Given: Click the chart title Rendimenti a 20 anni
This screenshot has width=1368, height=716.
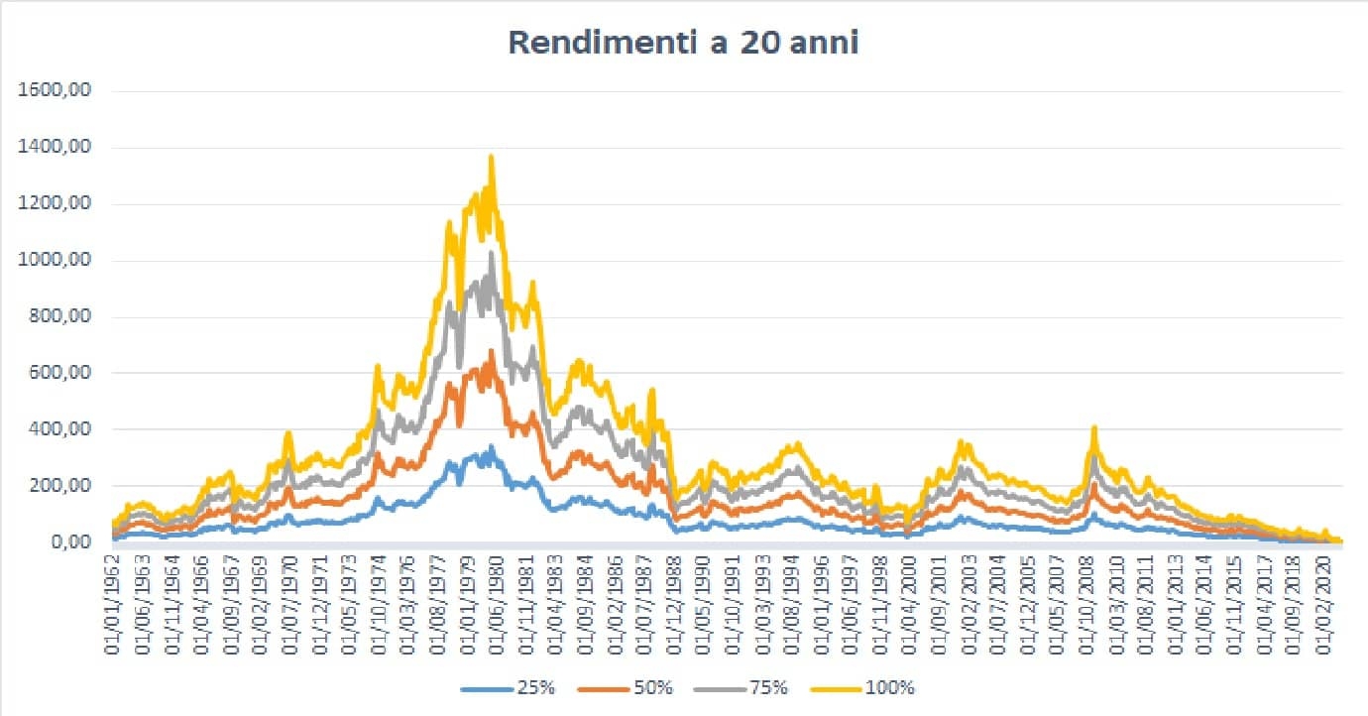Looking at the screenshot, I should tap(683, 43).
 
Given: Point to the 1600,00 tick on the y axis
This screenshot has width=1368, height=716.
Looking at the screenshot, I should tap(62, 91).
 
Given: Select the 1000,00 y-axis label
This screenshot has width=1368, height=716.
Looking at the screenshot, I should tap(62, 261).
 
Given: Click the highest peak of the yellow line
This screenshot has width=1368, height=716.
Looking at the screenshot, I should tap(491, 156).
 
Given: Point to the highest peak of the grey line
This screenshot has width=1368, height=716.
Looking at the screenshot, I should tap(491, 253).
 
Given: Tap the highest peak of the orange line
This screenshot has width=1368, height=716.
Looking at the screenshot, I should tap(491, 350).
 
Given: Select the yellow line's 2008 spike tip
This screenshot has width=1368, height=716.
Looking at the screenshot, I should tap(1094, 427).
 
